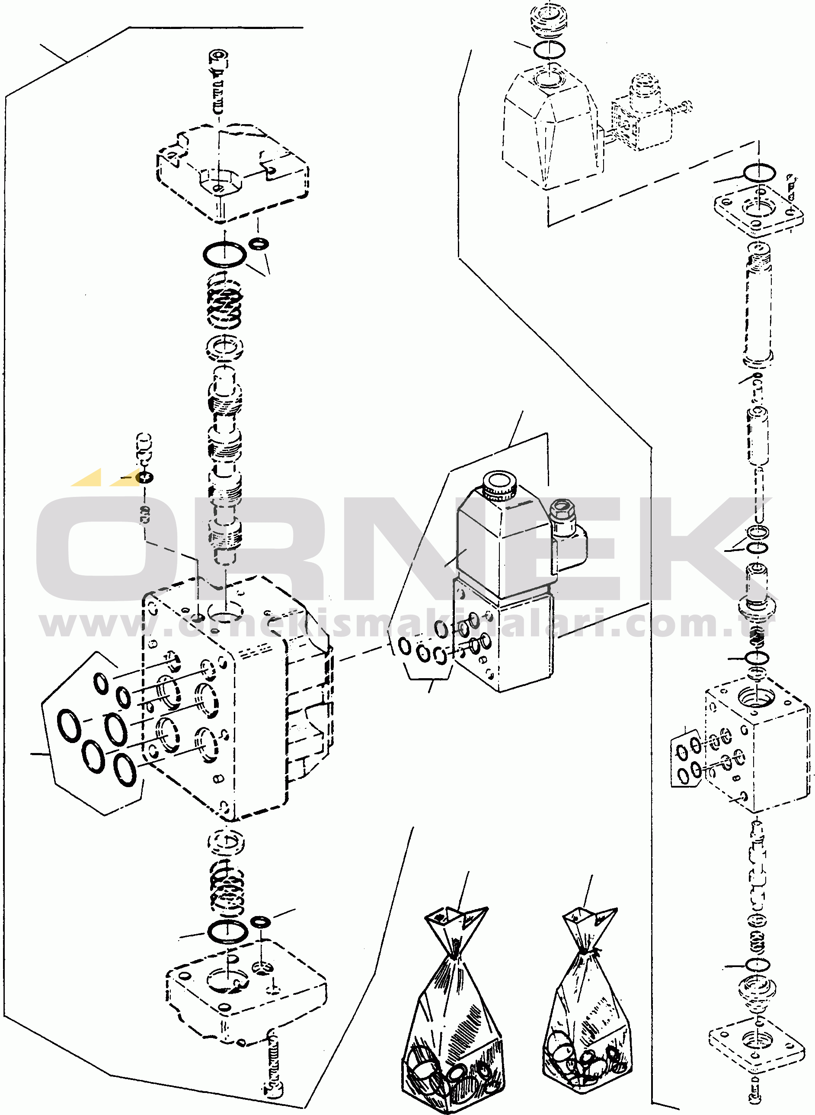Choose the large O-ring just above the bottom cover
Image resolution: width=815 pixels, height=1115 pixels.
(227, 932)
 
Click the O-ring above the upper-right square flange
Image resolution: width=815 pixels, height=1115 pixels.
(759, 173)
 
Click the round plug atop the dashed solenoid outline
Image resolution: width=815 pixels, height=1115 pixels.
(549, 22)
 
